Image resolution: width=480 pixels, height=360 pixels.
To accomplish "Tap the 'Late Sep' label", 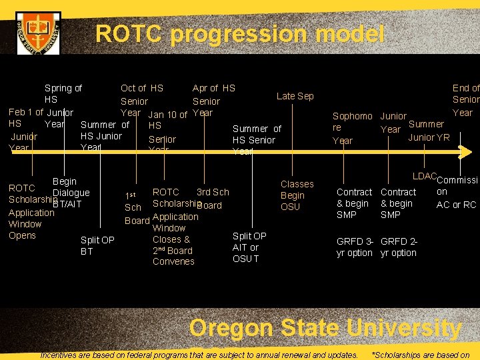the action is (x=295, y=96).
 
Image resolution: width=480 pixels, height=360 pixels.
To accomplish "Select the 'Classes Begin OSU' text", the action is (x=297, y=195).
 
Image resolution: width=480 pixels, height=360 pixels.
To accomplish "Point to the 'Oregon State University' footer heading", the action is (x=325, y=328).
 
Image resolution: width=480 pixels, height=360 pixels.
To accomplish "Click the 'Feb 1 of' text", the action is (x=26, y=112).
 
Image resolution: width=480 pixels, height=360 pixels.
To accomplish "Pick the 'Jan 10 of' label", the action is (x=167, y=115).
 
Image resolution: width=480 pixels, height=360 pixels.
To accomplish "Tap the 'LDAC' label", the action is (x=424, y=176).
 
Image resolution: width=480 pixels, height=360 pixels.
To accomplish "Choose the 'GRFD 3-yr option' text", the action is (x=355, y=247).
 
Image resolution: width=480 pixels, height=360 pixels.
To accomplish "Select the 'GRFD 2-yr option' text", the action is (x=399, y=247).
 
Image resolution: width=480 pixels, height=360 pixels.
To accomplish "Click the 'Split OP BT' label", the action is (x=97, y=245).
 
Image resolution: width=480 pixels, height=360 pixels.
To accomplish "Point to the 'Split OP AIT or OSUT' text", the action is (x=249, y=247).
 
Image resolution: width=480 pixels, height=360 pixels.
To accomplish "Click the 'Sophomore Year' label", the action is (x=352, y=128).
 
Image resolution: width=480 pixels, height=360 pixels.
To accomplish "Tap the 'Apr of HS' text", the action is (x=213, y=88).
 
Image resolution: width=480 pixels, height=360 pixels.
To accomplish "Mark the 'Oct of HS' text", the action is (x=141, y=88).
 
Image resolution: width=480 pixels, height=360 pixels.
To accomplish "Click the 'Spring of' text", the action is (x=63, y=88).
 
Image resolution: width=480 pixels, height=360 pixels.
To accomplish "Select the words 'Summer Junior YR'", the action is (x=428, y=131).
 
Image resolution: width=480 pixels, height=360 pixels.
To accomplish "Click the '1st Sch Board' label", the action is (x=137, y=208).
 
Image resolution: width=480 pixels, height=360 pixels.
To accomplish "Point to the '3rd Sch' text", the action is (x=213, y=192).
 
